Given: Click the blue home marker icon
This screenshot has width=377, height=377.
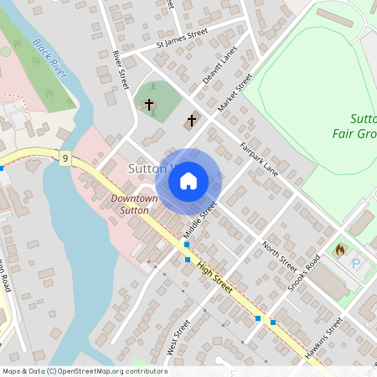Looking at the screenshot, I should click(x=188, y=180).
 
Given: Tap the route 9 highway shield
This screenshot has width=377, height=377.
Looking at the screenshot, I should click(x=65, y=158).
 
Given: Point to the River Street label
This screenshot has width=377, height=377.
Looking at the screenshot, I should click(x=121, y=70).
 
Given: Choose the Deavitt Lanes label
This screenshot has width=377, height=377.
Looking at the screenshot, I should click(x=219, y=65).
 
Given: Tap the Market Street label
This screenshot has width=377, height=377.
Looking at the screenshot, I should click(x=235, y=93).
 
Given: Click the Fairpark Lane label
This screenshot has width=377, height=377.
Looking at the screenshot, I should click(x=258, y=158).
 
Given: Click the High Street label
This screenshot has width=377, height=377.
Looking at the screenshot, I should click(x=215, y=276).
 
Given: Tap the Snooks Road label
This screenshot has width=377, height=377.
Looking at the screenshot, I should click(x=304, y=273).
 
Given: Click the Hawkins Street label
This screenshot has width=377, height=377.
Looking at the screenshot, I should click(x=325, y=337).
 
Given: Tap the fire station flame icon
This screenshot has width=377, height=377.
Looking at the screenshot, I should click(x=339, y=250).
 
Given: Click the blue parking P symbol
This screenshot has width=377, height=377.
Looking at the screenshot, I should click(x=355, y=264).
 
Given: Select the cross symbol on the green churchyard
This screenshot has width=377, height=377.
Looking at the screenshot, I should click(x=149, y=105).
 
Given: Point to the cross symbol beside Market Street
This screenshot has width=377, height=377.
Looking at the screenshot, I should click(x=191, y=121).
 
